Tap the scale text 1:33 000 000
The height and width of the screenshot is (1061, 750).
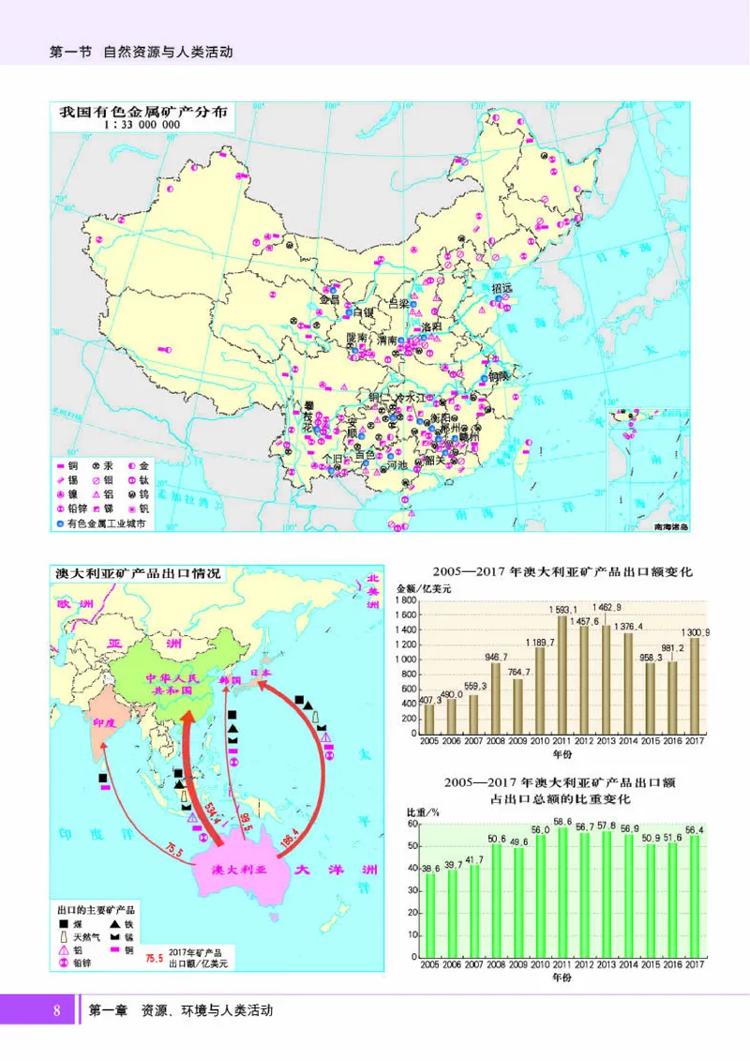click(x=141, y=124)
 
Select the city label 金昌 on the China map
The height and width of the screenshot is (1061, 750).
click(x=329, y=300)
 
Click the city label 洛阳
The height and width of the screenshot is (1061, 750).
click(x=430, y=326)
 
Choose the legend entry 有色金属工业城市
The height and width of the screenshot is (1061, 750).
click(x=105, y=524)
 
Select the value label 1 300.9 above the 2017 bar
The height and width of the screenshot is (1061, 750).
click(x=694, y=633)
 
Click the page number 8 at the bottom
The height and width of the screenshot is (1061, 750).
click(x=57, y=1010)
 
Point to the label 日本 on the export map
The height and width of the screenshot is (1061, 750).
click(x=262, y=673)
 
